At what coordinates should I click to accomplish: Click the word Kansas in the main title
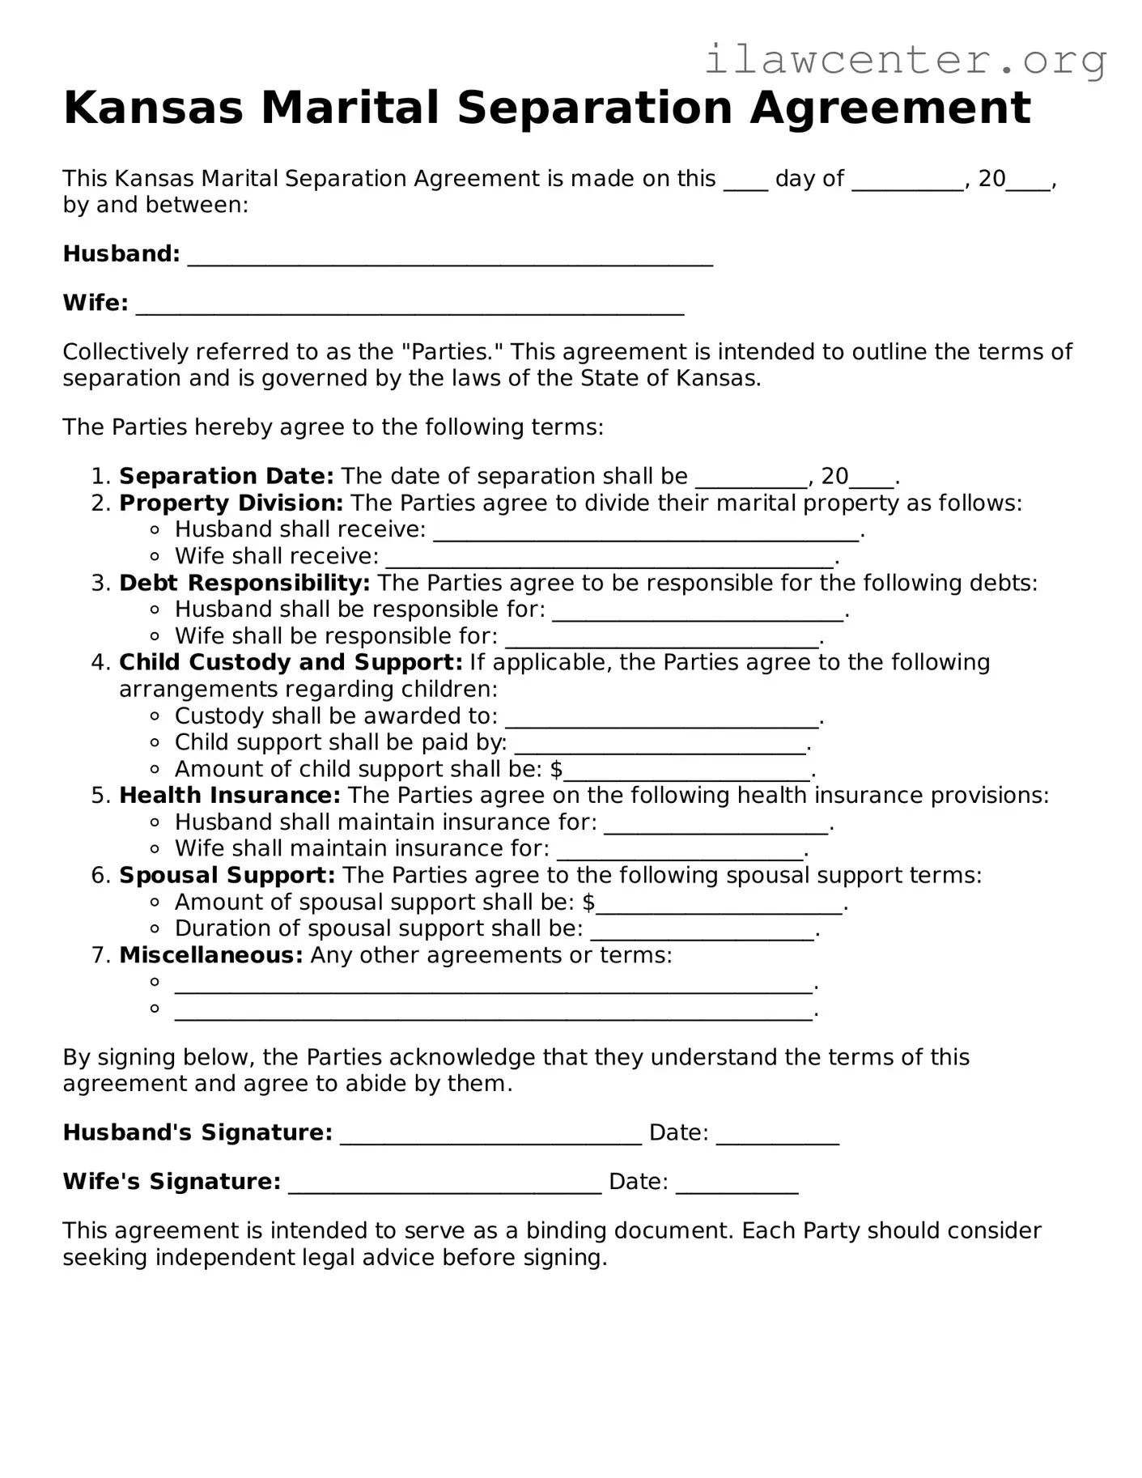(x=153, y=108)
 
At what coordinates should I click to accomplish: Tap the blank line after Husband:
(x=450, y=257)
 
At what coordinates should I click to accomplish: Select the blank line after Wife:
(x=410, y=307)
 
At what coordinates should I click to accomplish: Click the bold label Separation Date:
(x=226, y=476)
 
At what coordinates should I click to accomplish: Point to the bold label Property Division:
(x=231, y=503)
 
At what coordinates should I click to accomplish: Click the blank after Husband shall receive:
(x=645, y=533)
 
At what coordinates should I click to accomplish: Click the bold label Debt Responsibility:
(x=244, y=583)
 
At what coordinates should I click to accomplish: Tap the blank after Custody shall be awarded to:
(x=662, y=720)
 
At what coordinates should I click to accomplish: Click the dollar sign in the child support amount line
(x=556, y=769)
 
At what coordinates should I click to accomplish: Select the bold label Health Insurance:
(x=230, y=795)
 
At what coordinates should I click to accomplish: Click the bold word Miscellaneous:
(x=210, y=955)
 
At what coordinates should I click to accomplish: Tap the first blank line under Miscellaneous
(x=492, y=986)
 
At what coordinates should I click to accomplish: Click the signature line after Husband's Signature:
(x=490, y=1136)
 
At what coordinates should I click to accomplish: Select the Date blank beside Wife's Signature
(x=737, y=1185)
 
